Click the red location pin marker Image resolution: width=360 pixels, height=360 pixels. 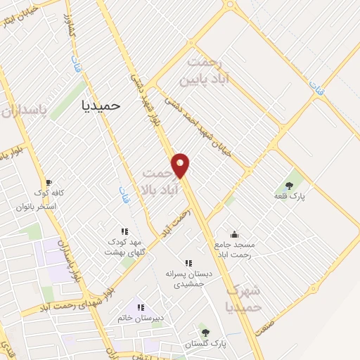coord(181,165)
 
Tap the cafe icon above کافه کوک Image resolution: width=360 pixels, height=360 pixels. coord(48,182)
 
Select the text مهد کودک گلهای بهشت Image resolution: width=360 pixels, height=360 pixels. coord(124,246)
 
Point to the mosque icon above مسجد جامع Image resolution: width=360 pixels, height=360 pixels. coord(234,234)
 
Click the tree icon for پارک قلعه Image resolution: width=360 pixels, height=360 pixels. coord(289,185)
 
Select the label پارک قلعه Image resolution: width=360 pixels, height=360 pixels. coord(289,196)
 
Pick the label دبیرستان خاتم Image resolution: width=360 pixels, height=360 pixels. coord(141,318)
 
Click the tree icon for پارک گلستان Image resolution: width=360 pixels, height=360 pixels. coord(205,331)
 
